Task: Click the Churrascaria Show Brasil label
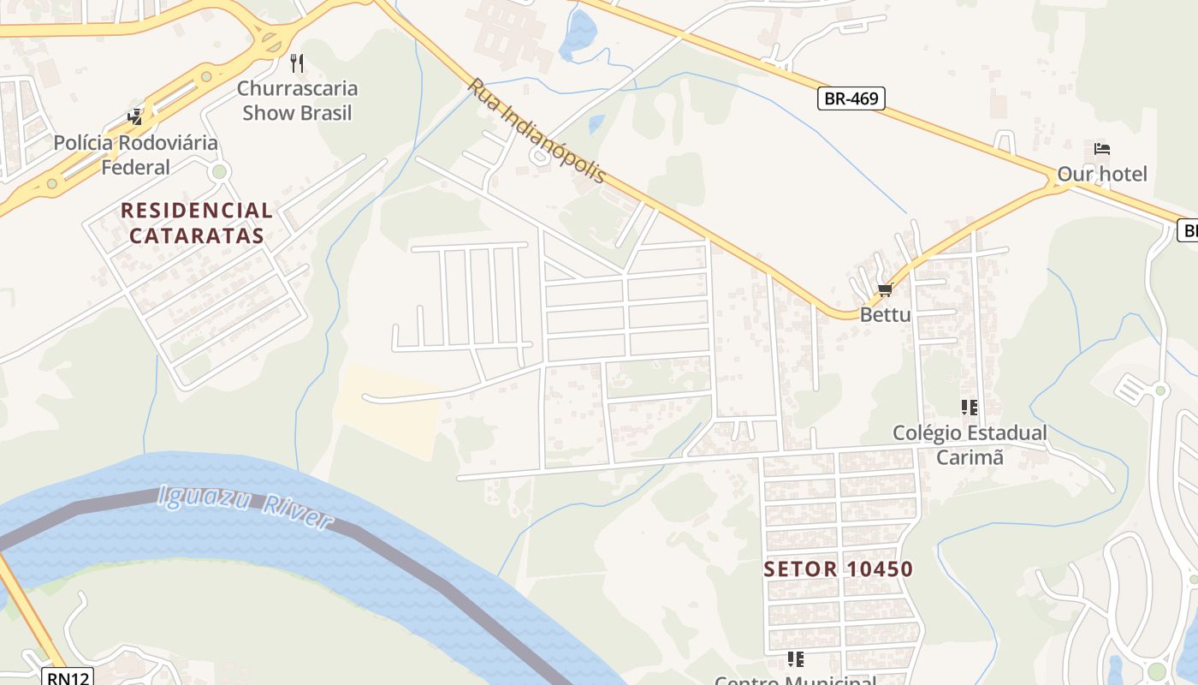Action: point(297,100)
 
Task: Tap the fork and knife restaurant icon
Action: point(297,63)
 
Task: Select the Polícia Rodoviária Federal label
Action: point(136,154)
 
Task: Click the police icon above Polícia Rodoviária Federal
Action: point(135,116)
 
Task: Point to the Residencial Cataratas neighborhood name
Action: point(197,223)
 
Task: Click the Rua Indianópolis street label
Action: point(537,130)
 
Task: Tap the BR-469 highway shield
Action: point(851,98)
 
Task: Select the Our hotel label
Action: point(1102,174)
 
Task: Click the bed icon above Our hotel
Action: point(1102,149)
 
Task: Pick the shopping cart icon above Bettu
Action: point(886,289)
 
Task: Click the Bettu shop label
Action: point(886,314)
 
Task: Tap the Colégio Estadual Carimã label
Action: point(970,444)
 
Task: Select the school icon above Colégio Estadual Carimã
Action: point(969,408)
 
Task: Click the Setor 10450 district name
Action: point(839,569)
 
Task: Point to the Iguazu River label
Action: point(246,506)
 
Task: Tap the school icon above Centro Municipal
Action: point(796,659)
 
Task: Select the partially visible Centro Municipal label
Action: point(796,680)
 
